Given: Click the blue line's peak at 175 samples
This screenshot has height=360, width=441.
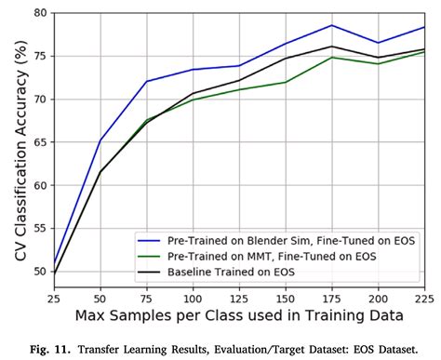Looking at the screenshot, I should (x=330, y=26).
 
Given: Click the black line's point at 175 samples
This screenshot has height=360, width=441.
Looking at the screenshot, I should (x=330, y=47).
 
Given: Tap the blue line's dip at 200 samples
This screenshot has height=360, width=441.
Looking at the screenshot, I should (x=378, y=43).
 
